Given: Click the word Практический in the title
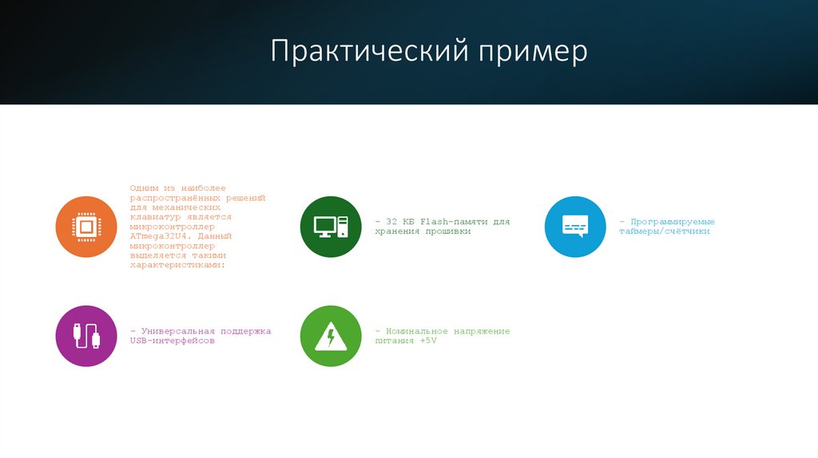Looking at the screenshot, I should click(368, 52).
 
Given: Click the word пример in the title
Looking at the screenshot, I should click(533, 52).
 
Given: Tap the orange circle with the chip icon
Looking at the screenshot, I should click(86, 227).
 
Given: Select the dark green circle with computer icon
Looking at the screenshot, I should click(331, 227).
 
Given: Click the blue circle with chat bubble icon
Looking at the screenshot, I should click(575, 227).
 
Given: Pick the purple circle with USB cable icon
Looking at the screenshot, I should click(86, 336).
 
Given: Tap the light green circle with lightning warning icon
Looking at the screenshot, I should click(331, 336).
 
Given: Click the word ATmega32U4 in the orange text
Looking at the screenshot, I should click(159, 236).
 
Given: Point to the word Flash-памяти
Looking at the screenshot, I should click(450, 222).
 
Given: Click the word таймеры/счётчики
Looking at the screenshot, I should click(664, 231).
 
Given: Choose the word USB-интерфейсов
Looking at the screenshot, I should click(172, 341).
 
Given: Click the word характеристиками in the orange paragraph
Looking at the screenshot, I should click(177, 265).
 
